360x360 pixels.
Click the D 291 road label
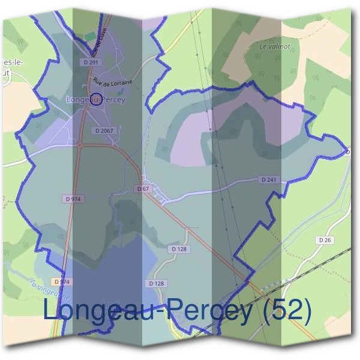pos(91,62)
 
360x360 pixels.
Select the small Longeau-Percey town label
pos(96,100)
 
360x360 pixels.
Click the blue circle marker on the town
pos(94,100)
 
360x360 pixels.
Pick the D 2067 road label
pos(104,130)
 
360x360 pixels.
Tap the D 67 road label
pos(143,189)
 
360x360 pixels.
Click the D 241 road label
pos(269,179)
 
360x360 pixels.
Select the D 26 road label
pos(325,240)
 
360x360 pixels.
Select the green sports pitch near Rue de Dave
pos(90,37)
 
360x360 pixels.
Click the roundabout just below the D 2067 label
pos(80,144)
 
